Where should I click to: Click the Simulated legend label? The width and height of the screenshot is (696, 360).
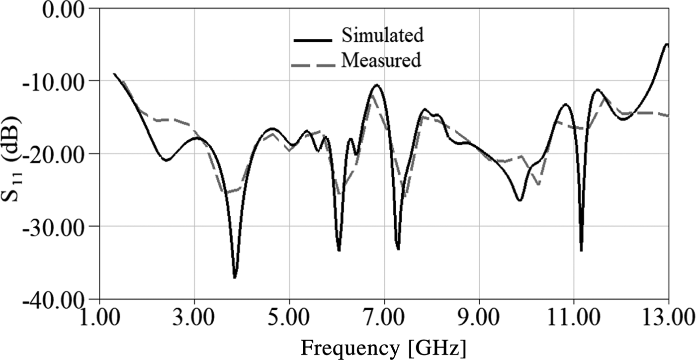click(x=382, y=35)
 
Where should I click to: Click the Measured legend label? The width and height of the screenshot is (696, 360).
click(x=381, y=60)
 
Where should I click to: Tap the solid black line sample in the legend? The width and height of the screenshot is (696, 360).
click(x=313, y=39)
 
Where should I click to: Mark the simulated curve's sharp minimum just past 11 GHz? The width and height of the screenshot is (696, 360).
click(x=581, y=250)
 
